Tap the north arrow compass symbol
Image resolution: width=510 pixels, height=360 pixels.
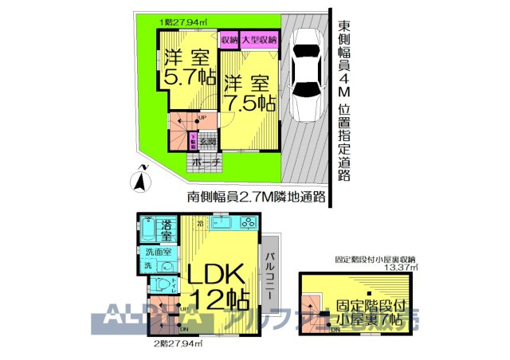tap(140, 178)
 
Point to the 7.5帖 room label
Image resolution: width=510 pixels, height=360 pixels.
tap(249, 92)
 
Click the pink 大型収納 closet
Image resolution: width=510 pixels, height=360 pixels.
tap(259, 40)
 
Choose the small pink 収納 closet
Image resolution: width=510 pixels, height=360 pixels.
tap(229, 40)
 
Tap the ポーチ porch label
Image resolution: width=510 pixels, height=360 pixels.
tap(207, 163)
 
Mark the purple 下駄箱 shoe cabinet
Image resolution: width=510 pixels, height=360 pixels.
tap(193, 141)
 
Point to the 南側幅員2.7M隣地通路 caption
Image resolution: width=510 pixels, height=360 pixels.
tap(257, 197)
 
